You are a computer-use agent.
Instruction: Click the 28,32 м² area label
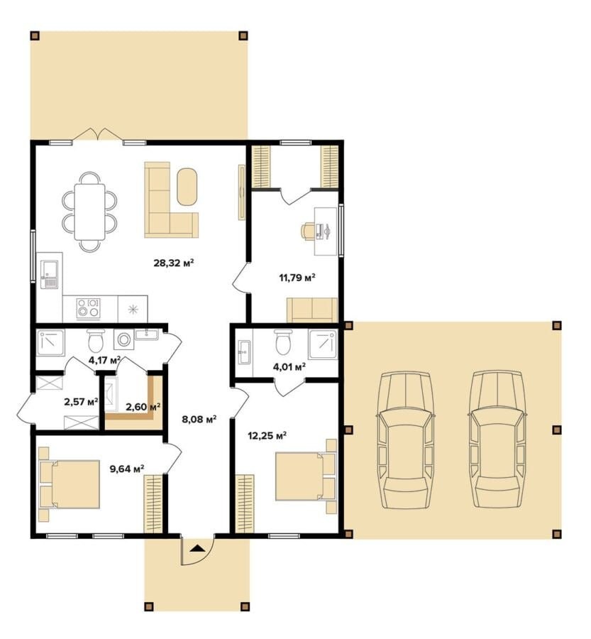pyautogui.click(x=173, y=263)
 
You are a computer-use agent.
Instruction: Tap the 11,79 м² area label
pyautogui.click(x=297, y=278)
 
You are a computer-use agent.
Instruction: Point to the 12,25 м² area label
pyautogui.click(x=267, y=436)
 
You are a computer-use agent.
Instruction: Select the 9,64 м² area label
pyautogui.click(x=127, y=469)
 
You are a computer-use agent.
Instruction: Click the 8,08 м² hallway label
pyautogui.click(x=199, y=419)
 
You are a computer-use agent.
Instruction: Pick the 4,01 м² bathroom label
pyautogui.click(x=289, y=367)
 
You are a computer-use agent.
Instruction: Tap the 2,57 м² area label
pyautogui.click(x=81, y=402)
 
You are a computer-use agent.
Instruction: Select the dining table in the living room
pyautogui.click(x=89, y=212)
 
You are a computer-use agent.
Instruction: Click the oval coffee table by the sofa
pyautogui.click(x=187, y=187)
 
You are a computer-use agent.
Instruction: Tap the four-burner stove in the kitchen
pyautogui.click(x=89, y=308)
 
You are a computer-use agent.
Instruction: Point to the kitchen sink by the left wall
pyautogui.click(x=49, y=275)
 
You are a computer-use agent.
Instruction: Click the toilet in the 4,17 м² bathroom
pyautogui.click(x=96, y=340)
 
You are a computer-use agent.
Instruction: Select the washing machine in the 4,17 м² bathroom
pyautogui.click(x=123, y=339)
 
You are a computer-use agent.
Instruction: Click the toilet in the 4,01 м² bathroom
pyautogui.click(x=284, y=342)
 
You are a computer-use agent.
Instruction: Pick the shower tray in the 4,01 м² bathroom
pyautogui.click(x=323, y=344)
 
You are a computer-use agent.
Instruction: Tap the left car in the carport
pyautogui.click(x=406, y=440)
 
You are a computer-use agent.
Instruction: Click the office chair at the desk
pyautogui.click(x=308, y=231)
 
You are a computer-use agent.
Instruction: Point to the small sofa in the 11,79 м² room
pyautogui.click(x=312, y=310)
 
